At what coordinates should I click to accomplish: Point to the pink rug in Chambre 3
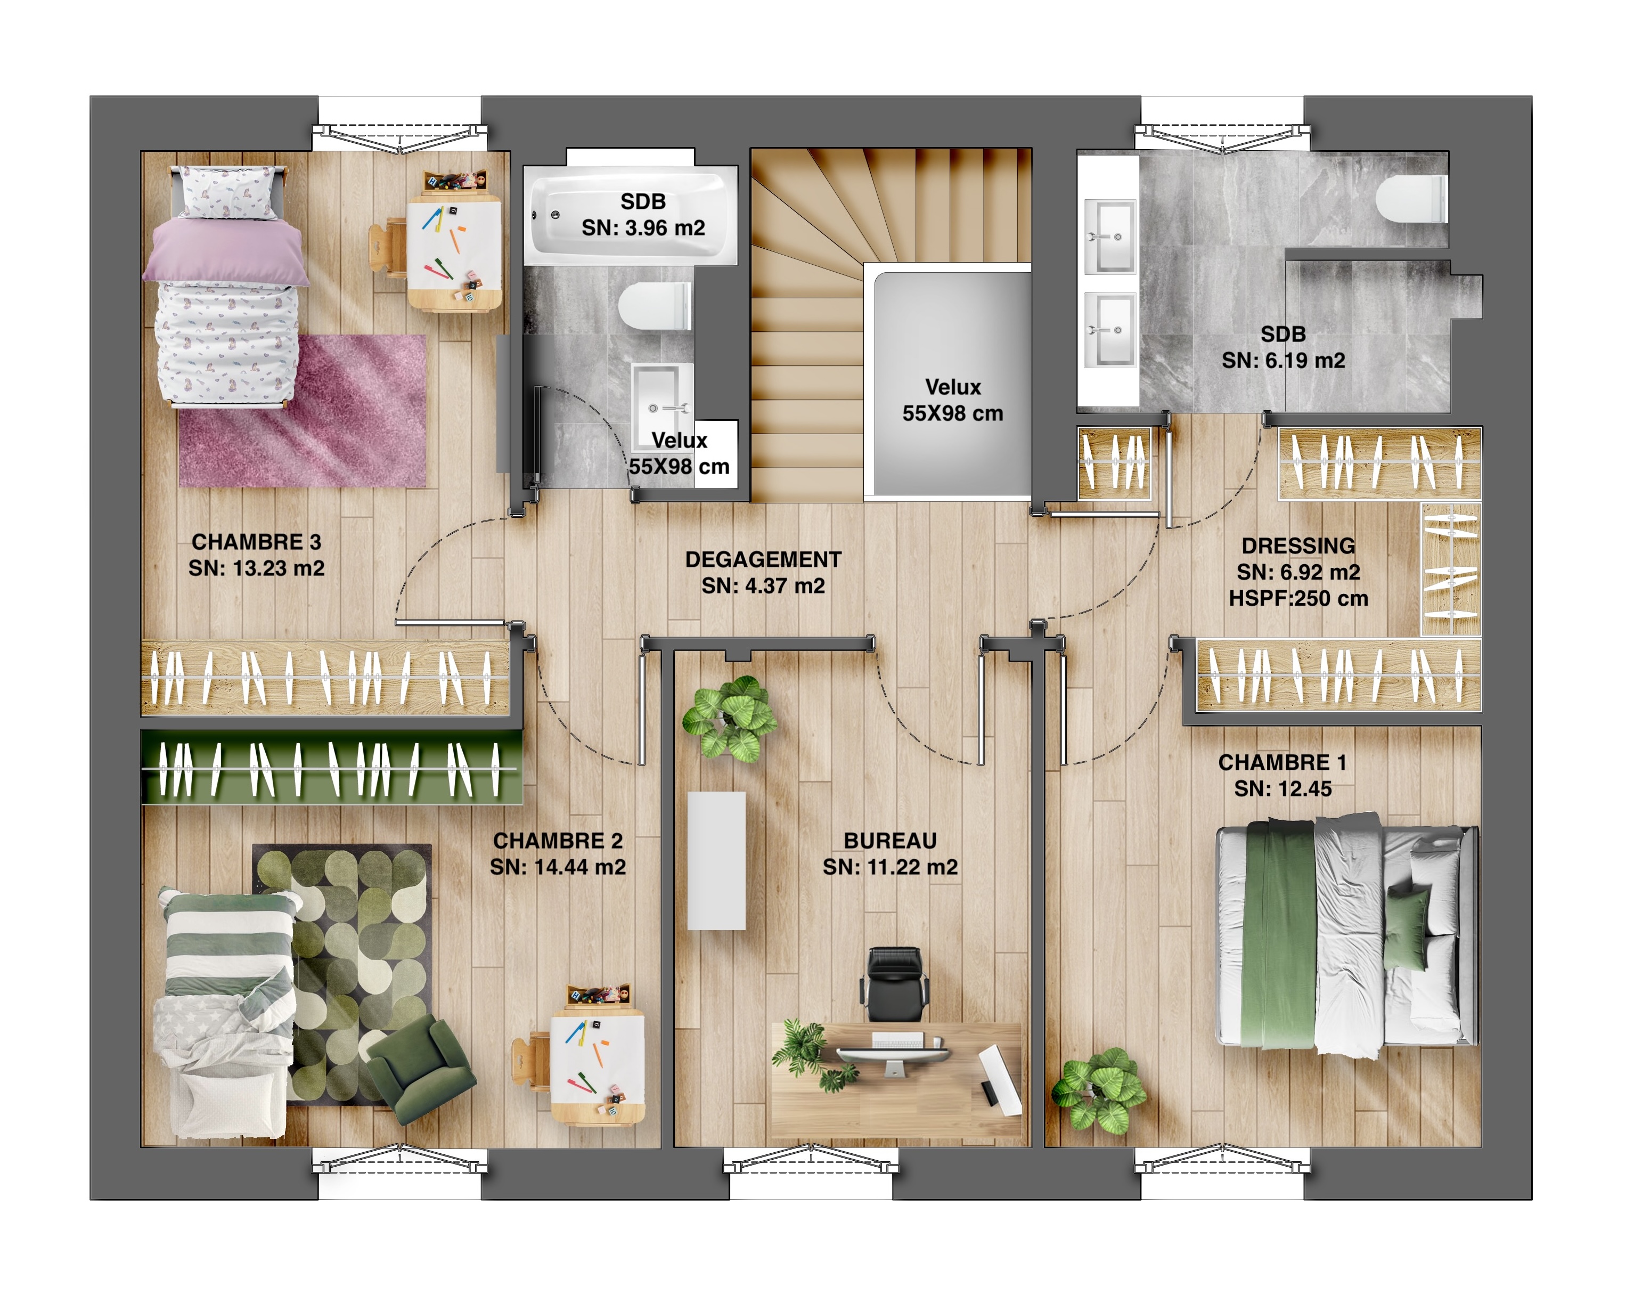[x=303, y=411]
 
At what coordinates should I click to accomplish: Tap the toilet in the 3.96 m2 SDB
[x=654, y=306]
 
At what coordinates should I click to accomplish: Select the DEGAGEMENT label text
[x=763, y=560]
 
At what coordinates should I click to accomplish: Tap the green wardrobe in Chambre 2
[x=332, y=768]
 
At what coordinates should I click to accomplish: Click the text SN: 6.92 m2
[x=1298, y=572]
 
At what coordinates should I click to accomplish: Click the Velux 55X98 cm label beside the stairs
[x=953, y=401]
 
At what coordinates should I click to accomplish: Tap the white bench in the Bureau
[x=717, y=860]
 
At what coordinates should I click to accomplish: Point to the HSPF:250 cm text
[x=1298, y=599]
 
